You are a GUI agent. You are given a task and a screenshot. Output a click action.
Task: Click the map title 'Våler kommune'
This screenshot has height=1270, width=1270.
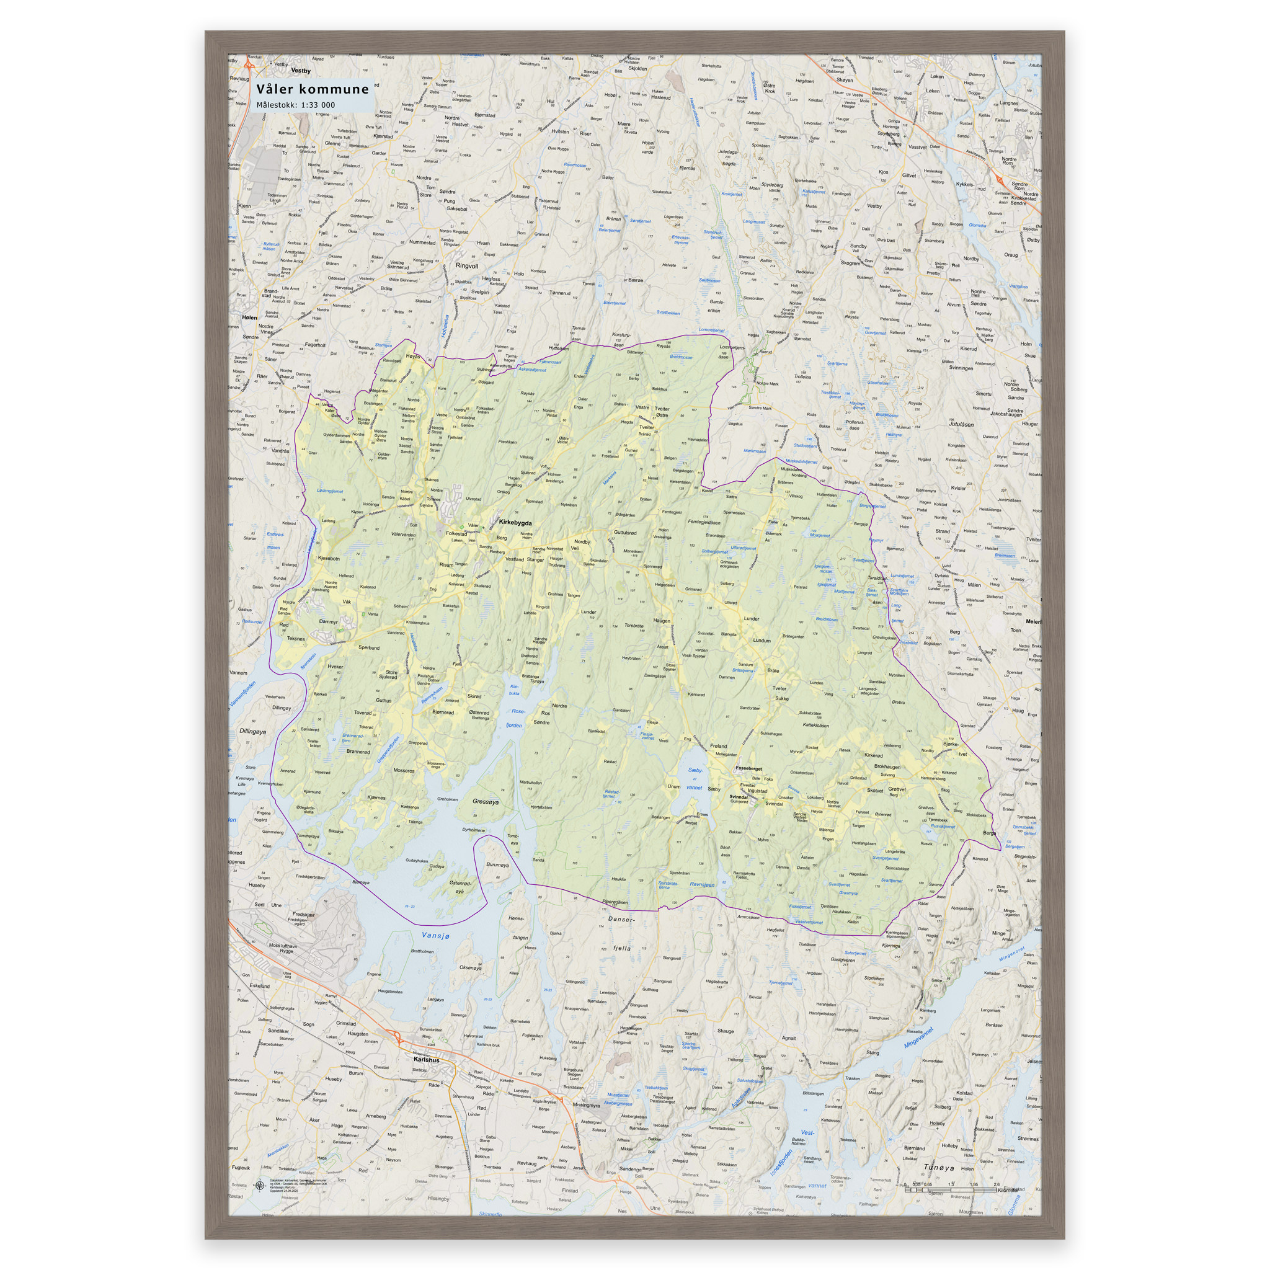313,89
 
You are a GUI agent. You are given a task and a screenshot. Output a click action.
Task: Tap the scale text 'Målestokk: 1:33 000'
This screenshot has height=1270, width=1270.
295,105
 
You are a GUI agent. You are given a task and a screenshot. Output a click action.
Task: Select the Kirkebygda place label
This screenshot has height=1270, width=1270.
515,523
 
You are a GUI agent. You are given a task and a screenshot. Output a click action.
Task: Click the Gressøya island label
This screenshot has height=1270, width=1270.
485,802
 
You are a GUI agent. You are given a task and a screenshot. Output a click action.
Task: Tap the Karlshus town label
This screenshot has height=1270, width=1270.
426,1060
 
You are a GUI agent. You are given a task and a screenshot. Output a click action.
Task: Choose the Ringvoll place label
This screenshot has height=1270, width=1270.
467,266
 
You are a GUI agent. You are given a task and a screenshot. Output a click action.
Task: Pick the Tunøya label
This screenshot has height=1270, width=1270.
938,1168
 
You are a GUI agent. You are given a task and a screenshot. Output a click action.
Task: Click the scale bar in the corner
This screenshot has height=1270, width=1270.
953,1189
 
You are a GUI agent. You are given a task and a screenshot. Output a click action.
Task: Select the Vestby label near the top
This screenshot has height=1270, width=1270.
300,70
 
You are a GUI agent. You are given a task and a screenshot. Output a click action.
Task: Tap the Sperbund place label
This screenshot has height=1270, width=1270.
369,647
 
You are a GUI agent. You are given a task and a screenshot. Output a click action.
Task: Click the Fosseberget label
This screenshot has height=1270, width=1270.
748,768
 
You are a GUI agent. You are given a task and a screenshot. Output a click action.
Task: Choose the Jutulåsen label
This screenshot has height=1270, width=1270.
961,425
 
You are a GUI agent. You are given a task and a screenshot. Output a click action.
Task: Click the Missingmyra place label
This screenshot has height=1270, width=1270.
587,1105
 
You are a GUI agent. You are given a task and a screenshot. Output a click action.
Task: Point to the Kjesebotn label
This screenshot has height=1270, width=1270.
329,558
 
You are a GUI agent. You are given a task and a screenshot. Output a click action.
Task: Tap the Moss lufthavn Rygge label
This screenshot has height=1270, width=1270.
283,948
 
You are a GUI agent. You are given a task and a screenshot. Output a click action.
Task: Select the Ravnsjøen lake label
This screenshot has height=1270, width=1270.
702,885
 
